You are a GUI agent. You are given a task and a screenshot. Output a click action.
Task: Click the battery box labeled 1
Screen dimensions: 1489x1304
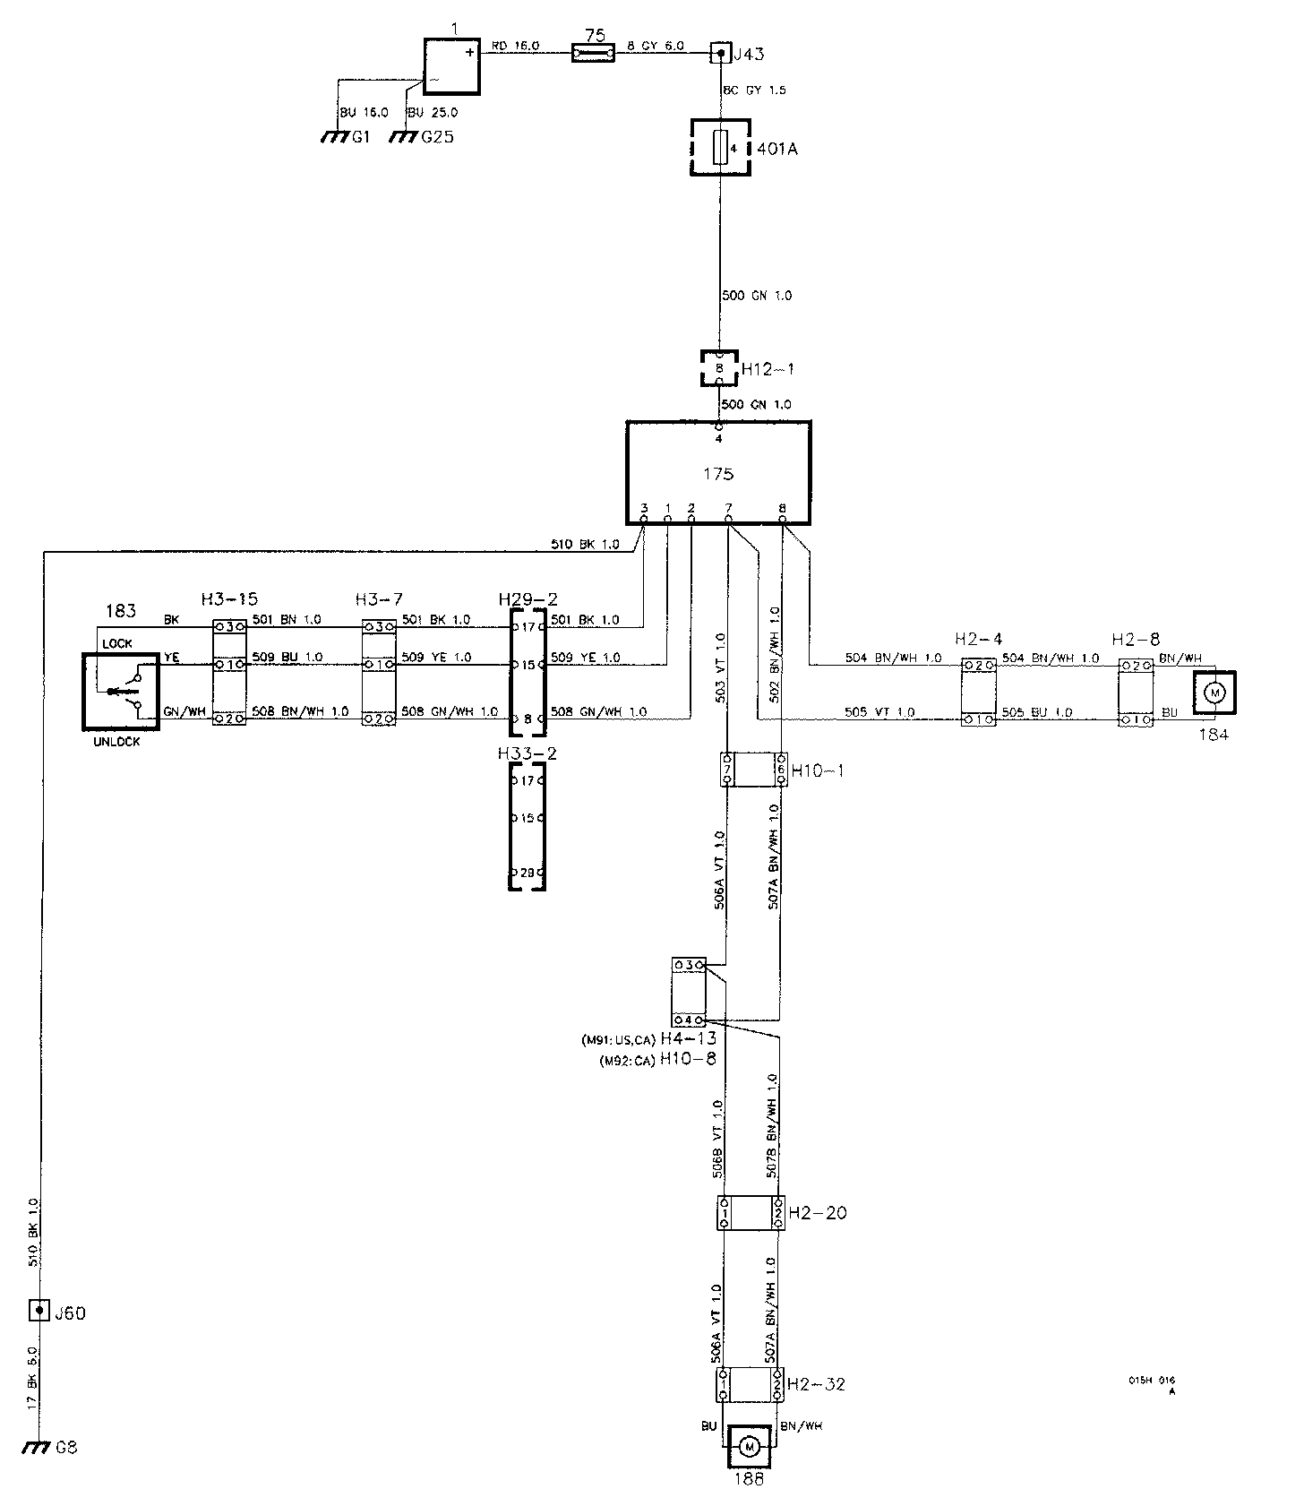tap(451, 65)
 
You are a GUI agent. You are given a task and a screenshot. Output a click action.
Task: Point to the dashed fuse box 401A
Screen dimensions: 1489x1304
tap(719, 148)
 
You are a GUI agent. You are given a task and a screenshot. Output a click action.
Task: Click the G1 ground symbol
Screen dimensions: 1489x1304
tap(334, 138)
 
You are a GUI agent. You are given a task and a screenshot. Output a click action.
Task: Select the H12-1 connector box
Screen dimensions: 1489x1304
tap(718, 368)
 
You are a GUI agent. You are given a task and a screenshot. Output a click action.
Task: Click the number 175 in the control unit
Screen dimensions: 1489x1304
tap(718, 473)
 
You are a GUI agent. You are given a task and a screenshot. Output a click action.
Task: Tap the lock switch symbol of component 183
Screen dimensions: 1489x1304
tap(120, 691)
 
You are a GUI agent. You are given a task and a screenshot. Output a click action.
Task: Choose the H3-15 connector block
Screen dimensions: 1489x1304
tap(228, 672)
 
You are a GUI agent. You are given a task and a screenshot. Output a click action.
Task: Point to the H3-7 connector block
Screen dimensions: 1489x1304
tap(378, 672)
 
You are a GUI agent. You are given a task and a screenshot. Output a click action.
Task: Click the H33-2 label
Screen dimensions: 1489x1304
tap(527, 753)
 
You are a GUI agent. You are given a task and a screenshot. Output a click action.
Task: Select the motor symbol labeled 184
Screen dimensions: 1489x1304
tap(1215, 692)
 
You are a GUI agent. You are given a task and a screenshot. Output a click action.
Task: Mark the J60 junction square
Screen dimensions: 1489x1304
tap(39, 1312)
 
